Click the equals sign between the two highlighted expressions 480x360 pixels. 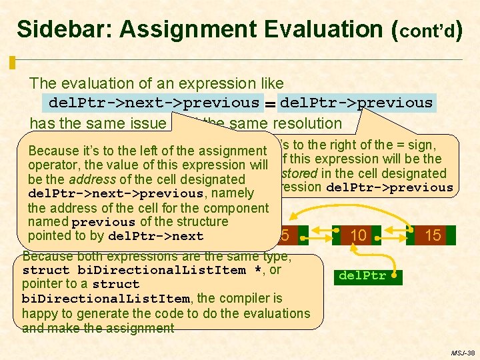coord(269,103)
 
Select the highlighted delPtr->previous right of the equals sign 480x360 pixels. coord(356,103)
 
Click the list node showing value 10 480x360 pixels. coord(358,235)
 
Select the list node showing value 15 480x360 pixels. coord(432,235)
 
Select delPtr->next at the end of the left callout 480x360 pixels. coord(155,236)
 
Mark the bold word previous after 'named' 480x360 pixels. coord(103,222)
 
